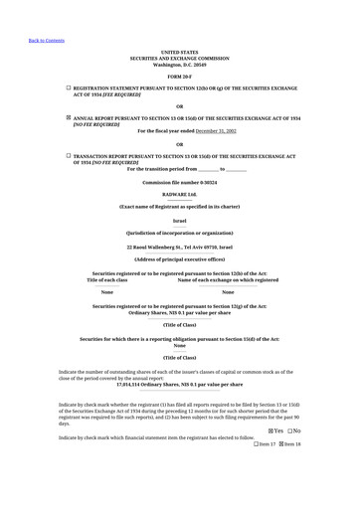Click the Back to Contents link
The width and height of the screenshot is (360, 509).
47,41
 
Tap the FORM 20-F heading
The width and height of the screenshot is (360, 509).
179,77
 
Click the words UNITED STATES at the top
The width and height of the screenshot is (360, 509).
179,52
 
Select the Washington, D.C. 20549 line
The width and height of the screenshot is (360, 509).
179,65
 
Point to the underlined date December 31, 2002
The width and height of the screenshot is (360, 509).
216,130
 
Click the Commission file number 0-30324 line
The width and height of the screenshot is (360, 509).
179,183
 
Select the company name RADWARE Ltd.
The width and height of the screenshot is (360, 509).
179,194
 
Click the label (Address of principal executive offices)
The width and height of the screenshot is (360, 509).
179,258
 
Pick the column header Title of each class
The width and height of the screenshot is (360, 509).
107,280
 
